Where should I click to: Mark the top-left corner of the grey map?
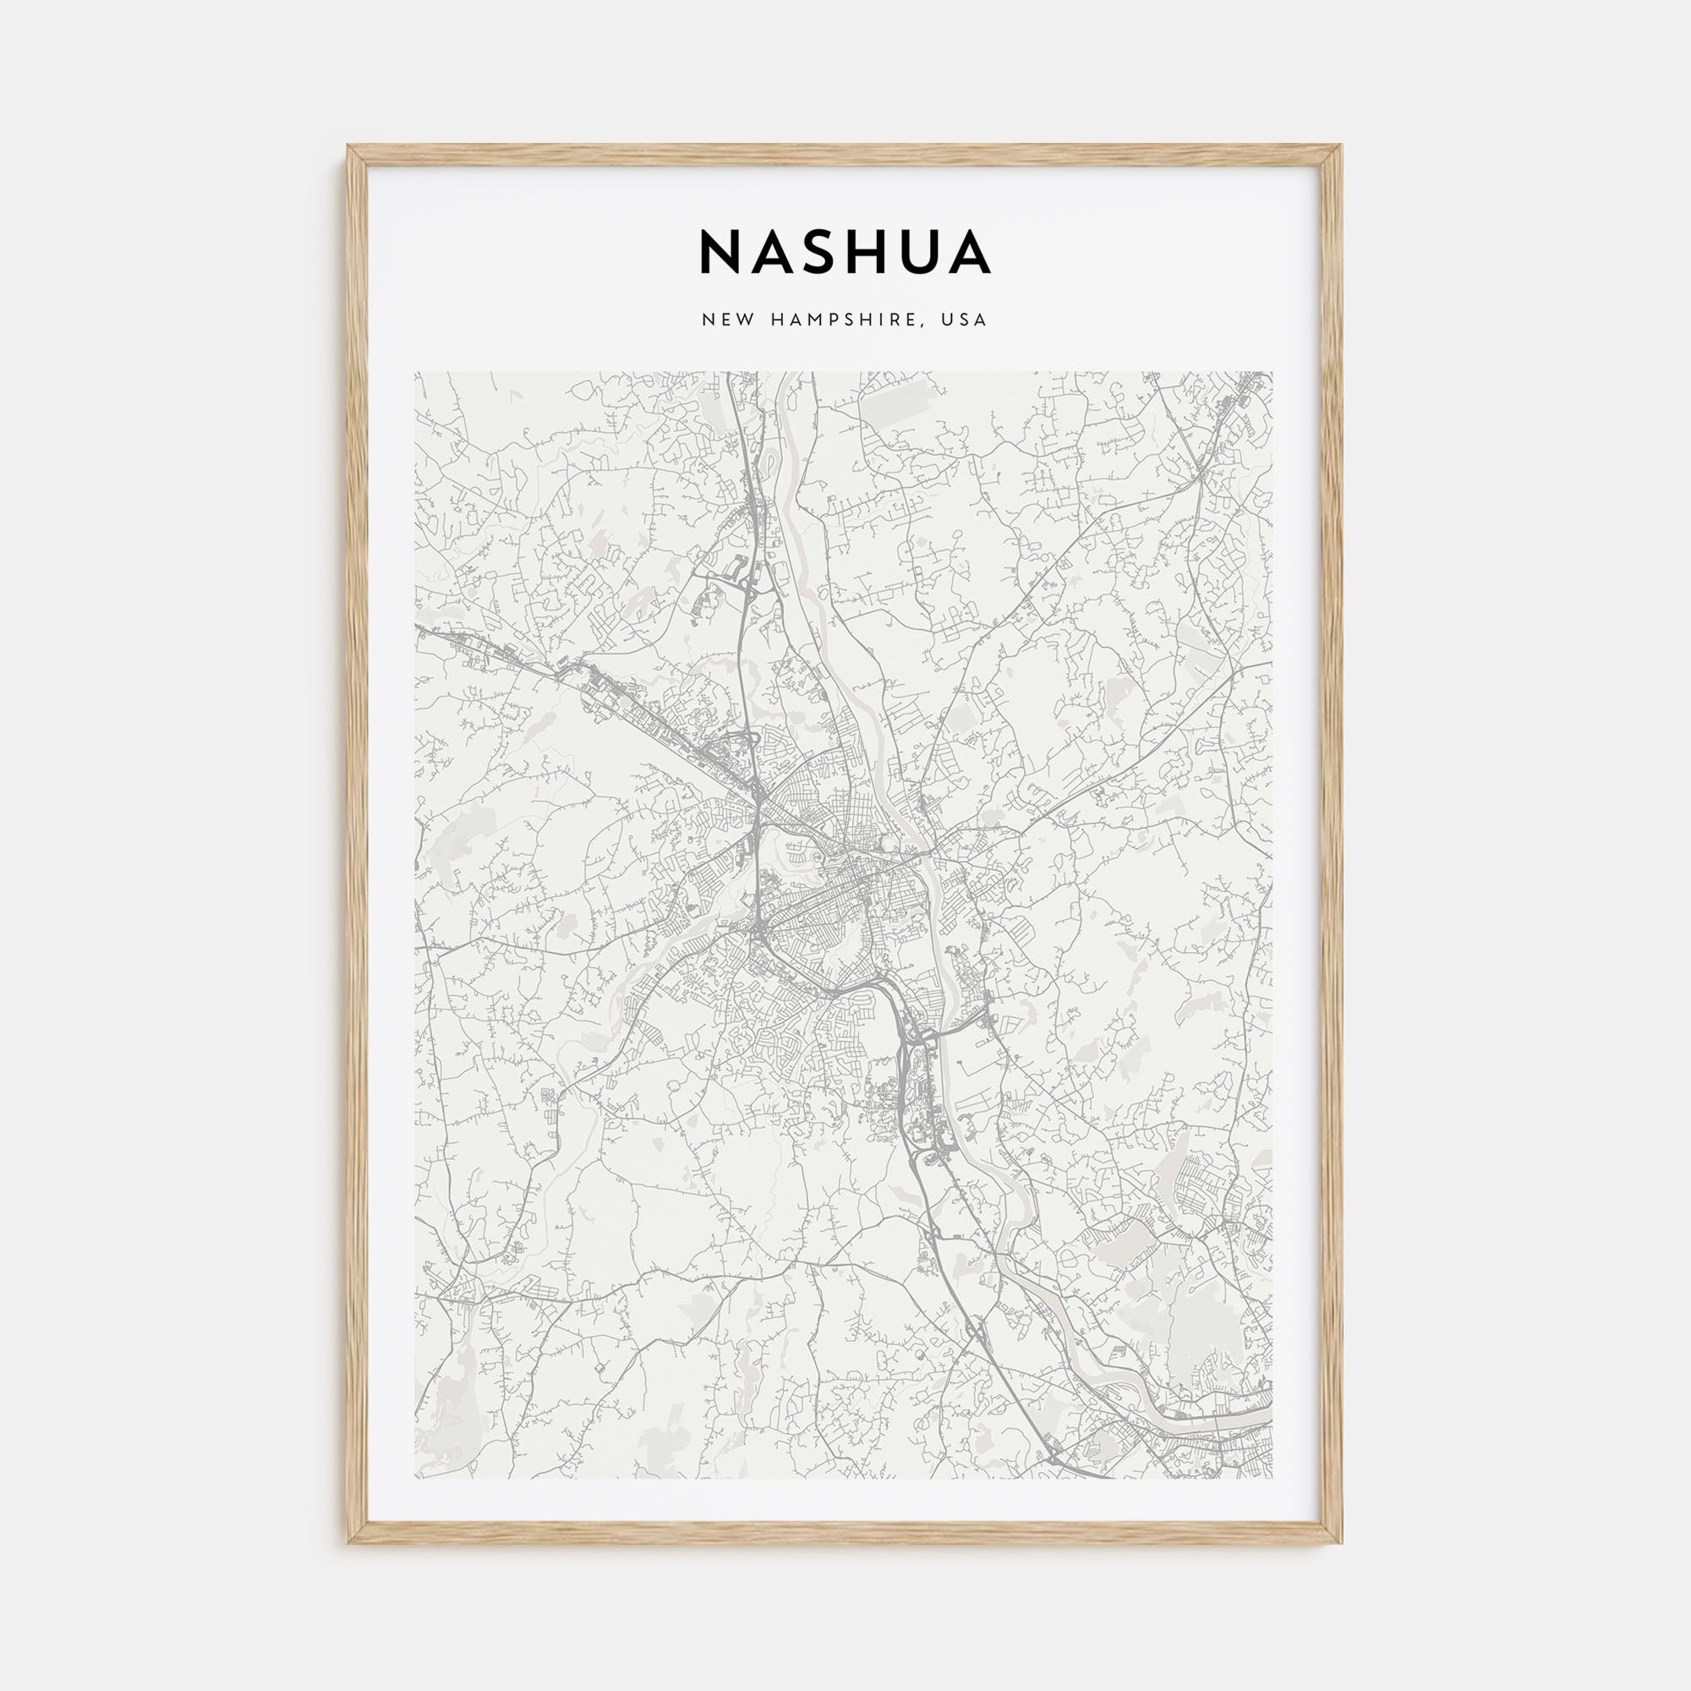tap(416, 373)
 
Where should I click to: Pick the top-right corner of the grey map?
tap(1273, 373)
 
